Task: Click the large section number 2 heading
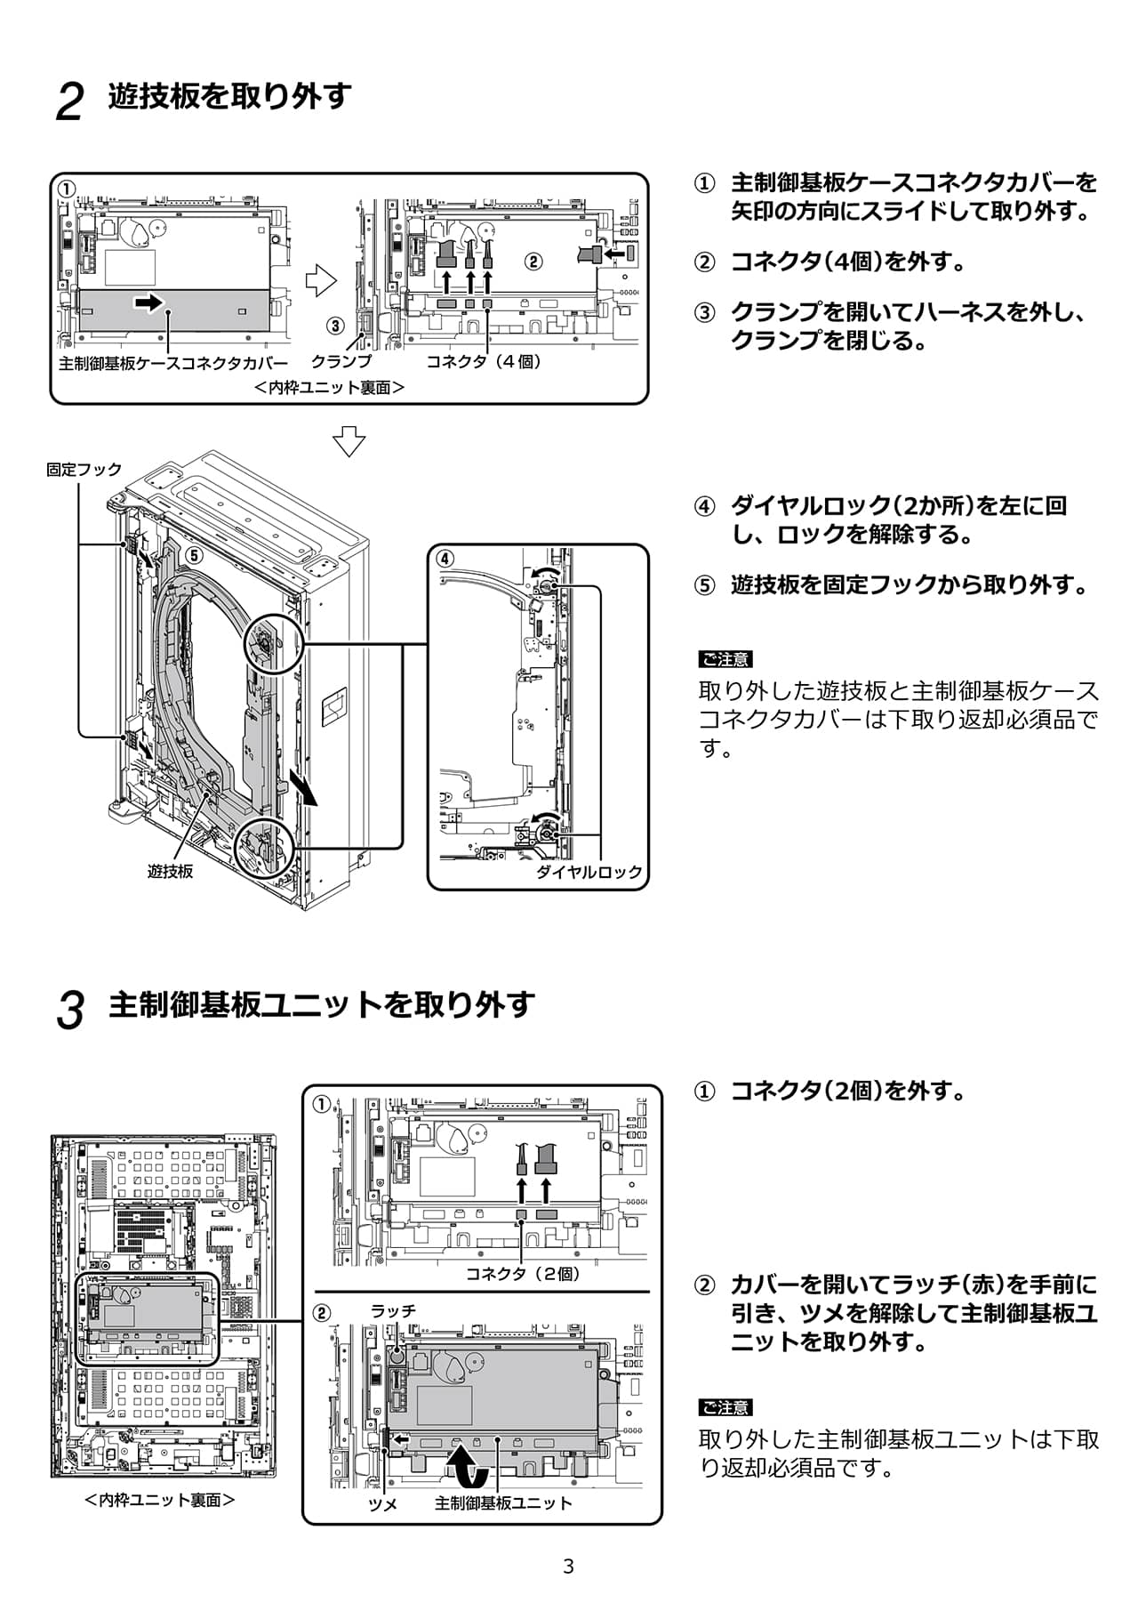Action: coord(69,101)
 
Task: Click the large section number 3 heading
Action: coord(69,1011)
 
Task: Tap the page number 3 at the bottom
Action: coord(568,1567)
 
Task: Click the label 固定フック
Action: coord(84,470)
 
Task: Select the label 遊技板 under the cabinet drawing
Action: coord(170,872)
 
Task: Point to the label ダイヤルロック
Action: coord(589,872)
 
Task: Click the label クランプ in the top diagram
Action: coord(341,362)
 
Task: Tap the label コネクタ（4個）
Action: coord(484,362)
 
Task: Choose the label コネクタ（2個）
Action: coord(524,1274)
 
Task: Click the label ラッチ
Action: coord(393,1310)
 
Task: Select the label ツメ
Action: coord(382,1504)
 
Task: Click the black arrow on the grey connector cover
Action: coord(149,303)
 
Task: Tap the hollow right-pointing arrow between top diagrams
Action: coord(321,281)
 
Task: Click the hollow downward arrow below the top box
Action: coord(349,440)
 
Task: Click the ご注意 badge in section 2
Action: coord(725,659)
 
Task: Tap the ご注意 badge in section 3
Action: coord(725,1407)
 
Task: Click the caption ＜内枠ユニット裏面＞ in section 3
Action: coord(160,1500)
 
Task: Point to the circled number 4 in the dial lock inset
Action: coord(445,559)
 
